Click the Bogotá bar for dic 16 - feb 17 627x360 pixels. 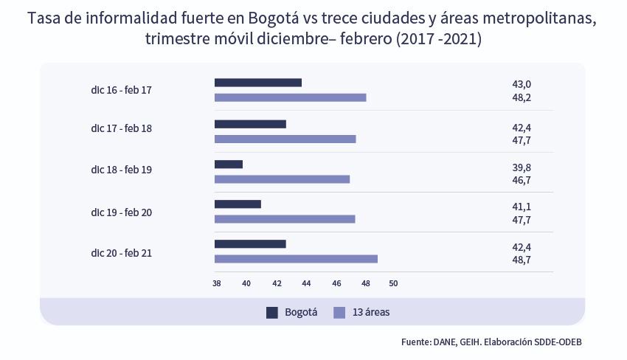tap(257, 83)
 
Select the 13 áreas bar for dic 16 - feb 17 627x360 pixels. tap(290, 97)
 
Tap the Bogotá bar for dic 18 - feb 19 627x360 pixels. tap(228, 165)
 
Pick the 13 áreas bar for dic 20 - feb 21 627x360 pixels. tap(296, 259)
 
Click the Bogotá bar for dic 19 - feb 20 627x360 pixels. tap(238, 204)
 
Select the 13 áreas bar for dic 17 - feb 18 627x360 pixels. tap(285, 139)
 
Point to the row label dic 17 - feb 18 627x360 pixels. tap(122, 128)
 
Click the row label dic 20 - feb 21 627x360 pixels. tap(122, 253)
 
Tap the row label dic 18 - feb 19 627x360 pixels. tap(122, 170)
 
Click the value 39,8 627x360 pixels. tap(521, 168)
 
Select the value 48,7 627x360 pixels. tap(521, 260)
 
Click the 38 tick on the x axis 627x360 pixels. tap(217, 283)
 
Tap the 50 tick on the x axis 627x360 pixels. tap(393, 283)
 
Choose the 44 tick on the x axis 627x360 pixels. tap(305, 283)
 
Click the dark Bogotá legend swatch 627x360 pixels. tap(272, 312)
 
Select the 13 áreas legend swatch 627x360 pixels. tap(339, 312)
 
